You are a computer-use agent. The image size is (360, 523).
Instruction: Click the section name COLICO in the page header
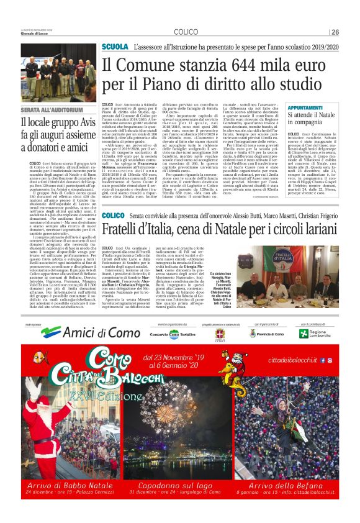pyautogui.click(x=186, y=32)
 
